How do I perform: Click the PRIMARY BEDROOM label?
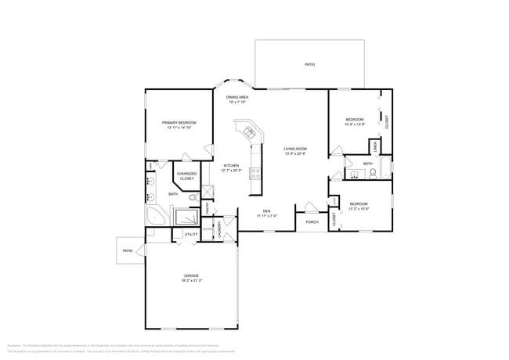click(179, 123)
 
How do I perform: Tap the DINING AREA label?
click(238, 97)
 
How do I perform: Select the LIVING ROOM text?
click(295, 149)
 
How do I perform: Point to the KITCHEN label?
click(231, 166)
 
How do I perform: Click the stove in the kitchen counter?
click(255, 174)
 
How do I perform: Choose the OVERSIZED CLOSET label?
click(186, 176)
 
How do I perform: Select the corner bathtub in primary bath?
click(153, 214)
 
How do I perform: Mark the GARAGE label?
click(191, 275)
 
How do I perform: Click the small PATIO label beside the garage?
click(128, 250)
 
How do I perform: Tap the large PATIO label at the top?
click(310, 65)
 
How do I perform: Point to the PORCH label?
click(312, 221)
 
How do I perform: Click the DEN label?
click(266, 211)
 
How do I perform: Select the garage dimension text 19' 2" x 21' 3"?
click(191, 281)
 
